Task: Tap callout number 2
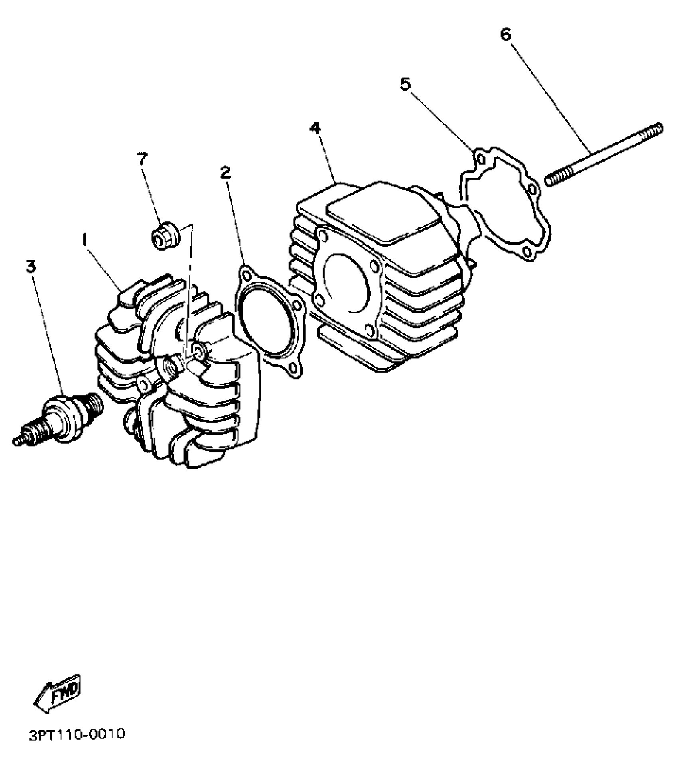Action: point(225,173)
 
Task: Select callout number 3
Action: point(31,266)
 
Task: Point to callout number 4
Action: point(315,128)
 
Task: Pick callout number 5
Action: point(405,84)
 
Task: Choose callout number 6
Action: point(505,35)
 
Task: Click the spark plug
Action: point(60,418)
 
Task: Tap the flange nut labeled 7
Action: point(165,237)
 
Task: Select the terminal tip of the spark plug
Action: point(17,441)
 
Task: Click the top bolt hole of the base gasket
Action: point(481,159)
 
